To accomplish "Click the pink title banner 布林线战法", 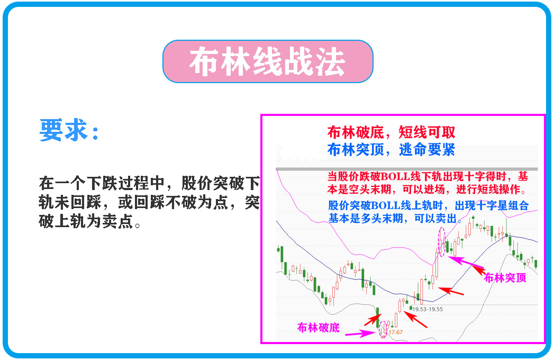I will pos(268,61).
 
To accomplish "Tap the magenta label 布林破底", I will pos(318,328).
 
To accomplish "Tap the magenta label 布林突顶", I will pos(505,277).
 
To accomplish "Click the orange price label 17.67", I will pos(396,332).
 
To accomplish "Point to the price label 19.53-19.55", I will pos(428,309).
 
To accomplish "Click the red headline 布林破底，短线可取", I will pos(391,132).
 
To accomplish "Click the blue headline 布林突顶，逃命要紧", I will pos(391,150).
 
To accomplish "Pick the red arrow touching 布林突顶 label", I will pos(476,269).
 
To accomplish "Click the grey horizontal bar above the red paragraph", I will pos(407,168).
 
